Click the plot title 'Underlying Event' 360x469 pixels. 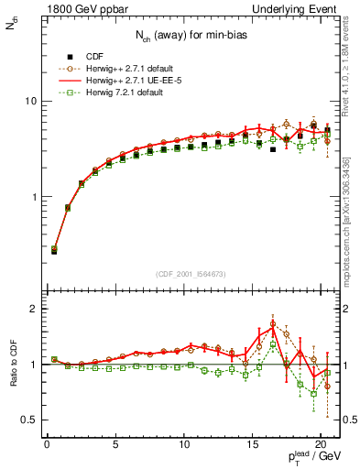click(x=300, y=7)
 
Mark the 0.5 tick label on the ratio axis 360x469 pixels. click(x=27, y=420)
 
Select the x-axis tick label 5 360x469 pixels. click(x=115, y=446)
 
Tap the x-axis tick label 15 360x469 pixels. click(x=252, y=446)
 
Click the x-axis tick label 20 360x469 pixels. click(x=320, y=446)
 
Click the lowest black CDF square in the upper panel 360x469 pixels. click(x=54, y=250)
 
